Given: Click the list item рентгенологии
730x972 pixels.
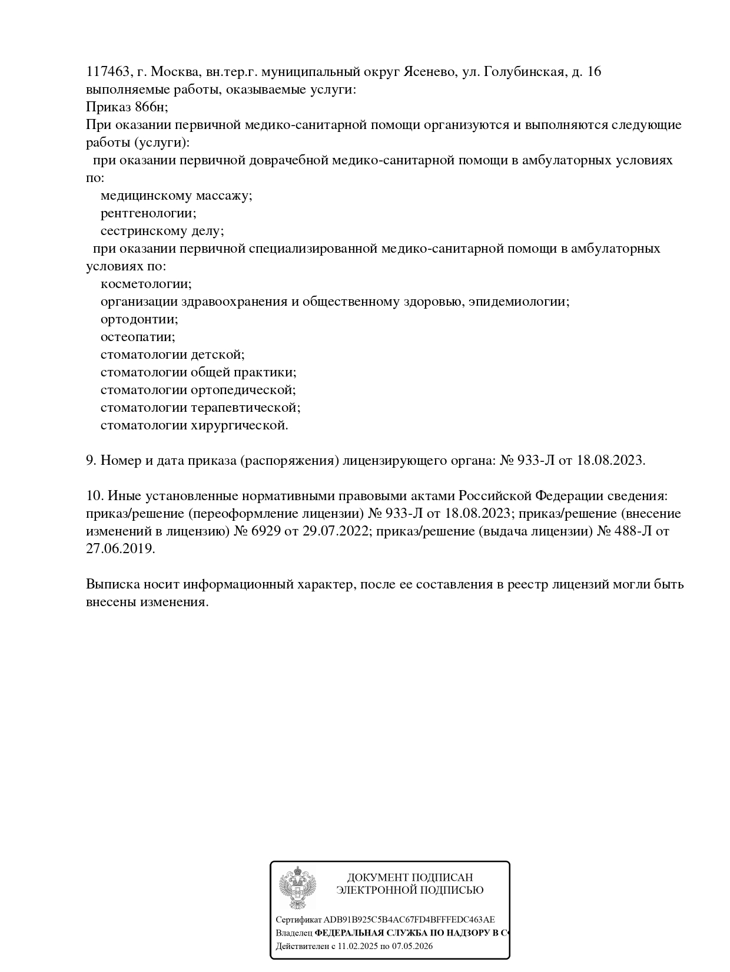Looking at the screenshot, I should coord(148,213).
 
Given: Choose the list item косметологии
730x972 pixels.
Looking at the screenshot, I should coord(146,284).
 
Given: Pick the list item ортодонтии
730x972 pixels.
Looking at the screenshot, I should coord(139,319).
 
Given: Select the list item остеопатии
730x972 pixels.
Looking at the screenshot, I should coord(138,337).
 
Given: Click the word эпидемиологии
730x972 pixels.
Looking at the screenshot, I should coord(519,302).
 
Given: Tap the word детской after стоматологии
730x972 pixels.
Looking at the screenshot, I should coord(217,355).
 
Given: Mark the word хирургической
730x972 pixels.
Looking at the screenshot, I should coord(239,425).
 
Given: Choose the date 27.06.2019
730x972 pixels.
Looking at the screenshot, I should coord(120,549).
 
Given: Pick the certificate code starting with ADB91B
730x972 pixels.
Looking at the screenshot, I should coord(409,920).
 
